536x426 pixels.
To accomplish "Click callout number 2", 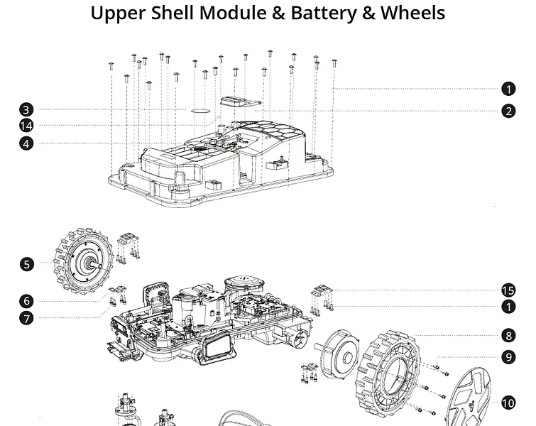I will coord(508,111).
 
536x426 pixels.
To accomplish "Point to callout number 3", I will coord(26,109).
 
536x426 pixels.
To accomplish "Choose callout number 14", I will coord(26,126).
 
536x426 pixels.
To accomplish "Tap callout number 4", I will coord(26,143).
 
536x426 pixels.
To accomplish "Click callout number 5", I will coord(26,264).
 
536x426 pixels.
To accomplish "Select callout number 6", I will coord(26,301).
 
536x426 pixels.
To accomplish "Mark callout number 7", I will coord(26,318).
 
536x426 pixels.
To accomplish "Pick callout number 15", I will coord(508,290).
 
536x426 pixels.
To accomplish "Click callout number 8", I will coord(508,336).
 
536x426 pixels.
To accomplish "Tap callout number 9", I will coord(508,357).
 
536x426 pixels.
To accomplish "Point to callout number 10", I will coord(508,403).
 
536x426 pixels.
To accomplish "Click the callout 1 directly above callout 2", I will coord(508,89).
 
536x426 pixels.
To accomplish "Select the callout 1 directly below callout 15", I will coord(508,307).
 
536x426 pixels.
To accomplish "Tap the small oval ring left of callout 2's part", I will coord(201,110).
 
